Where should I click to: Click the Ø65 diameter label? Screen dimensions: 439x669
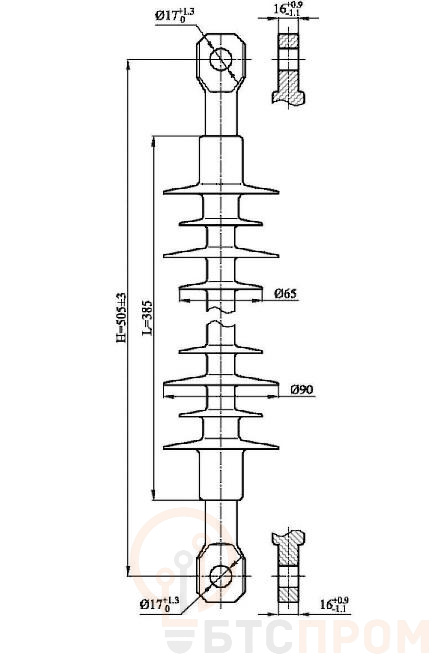285,294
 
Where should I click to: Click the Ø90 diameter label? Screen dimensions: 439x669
302,390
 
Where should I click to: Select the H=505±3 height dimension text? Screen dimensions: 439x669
122,317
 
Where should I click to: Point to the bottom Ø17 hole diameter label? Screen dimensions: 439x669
160,604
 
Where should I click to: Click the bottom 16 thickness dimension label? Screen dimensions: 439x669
334,605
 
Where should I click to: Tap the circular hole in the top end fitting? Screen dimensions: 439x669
221,59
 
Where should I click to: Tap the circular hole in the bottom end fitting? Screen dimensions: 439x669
221,576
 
